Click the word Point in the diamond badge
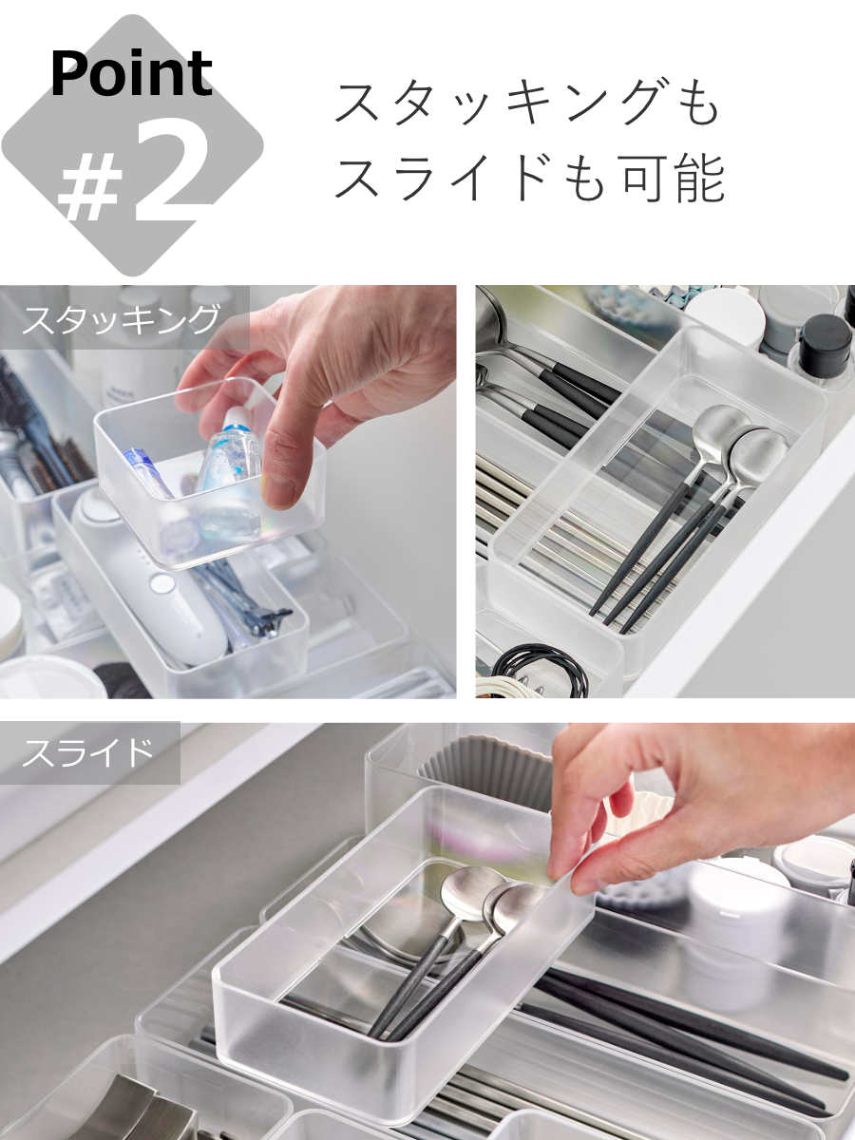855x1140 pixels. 131,74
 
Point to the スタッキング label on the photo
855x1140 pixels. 121,319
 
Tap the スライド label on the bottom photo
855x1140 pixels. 87,752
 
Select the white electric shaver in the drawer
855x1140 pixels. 150,577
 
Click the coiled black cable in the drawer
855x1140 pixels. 540,670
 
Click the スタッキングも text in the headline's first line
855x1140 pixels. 526,104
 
